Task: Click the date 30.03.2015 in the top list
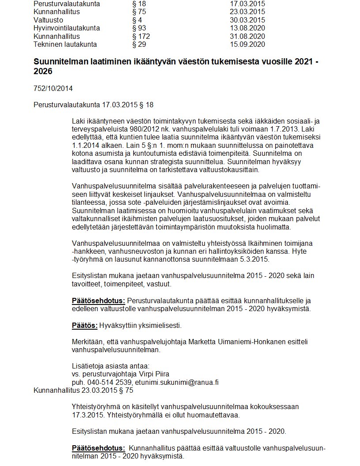[x=247, y=20]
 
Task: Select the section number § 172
[x=141, y=36]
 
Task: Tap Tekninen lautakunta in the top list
[x=65, y=44]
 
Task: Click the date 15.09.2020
[x=247, y=44]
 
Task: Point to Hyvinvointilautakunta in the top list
[x=67, y=28]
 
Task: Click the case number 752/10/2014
[x=52, y=88]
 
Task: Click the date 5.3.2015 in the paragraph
[x=253, y=259]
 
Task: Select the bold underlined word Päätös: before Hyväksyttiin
[x=85, y=325]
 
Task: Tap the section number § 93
[x=139, y=28]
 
